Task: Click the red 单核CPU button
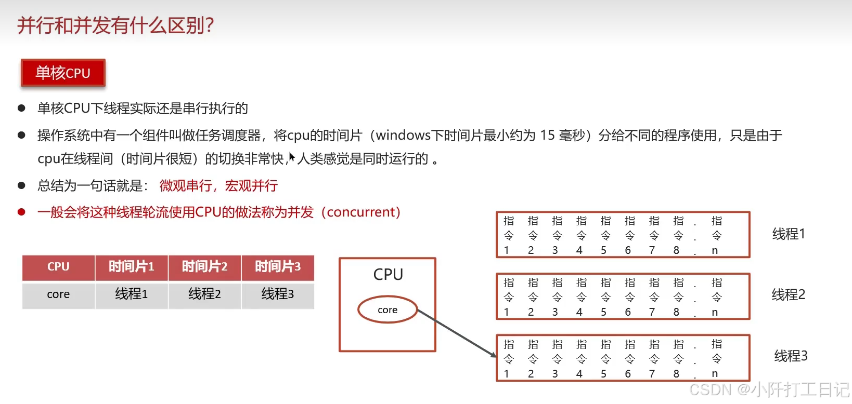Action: [x=63, y=73]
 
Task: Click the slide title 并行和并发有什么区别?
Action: [x=115, y=25]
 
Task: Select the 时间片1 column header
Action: [x=131, y=267]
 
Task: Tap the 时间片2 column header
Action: [x=204, y=267]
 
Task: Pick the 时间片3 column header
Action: [x=278, y=267]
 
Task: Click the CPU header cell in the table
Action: [x=58, y=267]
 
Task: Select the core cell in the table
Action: [x=58, y=294]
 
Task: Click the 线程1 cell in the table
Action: [x=131, y=294]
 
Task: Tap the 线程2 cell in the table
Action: [x=204, y=294]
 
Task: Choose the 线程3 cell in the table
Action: [x=278, y=294]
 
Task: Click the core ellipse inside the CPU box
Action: [x=388, y=309]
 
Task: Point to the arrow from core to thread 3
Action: [x=457, y=333]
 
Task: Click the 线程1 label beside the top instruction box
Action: [x=789, y=234]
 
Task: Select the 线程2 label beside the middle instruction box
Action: [x=789, y=295]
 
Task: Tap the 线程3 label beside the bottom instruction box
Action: [x=791, y=356]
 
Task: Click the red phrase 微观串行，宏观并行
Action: [x=218, y=186]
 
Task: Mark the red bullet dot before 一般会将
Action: [x=21, y=212]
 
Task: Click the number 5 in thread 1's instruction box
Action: [x=603, y=250]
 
